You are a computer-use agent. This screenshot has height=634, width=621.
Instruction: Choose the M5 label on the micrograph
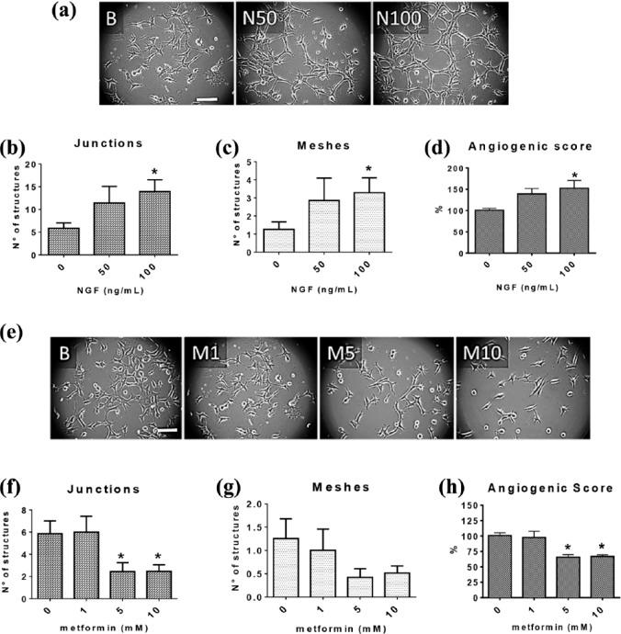tap(339, 351)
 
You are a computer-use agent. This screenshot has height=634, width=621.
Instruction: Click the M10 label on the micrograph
tap(479, 351)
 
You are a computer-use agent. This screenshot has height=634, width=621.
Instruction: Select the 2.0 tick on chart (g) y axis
tap(241, 504)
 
